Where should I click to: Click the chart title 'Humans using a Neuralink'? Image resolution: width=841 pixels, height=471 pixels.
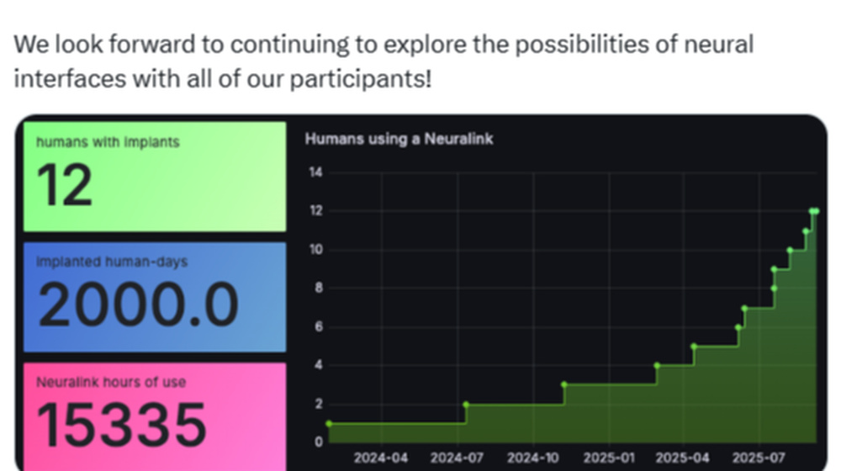399,139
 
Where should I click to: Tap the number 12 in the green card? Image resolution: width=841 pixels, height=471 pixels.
65,185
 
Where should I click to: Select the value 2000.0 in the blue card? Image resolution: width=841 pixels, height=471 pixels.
139,304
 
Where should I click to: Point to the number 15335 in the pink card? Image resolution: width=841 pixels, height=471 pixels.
122,425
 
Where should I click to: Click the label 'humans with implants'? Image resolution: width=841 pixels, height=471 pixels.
108,142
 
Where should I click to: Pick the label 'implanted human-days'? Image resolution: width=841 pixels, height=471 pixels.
112,262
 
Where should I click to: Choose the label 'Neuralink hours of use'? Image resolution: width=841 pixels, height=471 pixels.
111,382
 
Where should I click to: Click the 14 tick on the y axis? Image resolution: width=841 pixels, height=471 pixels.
316,172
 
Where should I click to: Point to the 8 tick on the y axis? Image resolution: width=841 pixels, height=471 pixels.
319,288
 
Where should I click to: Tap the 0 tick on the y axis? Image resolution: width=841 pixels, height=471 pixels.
319,442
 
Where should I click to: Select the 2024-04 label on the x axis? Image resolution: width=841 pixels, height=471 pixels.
381,458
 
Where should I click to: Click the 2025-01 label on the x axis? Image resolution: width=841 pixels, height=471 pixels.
609,458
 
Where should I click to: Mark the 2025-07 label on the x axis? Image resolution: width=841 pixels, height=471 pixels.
759,458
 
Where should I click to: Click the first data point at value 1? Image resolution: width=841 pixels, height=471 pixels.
329,424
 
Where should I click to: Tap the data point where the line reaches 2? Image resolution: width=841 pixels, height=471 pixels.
466,405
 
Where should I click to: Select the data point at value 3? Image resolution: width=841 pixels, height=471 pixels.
564,384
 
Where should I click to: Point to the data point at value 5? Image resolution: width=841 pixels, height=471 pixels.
694,347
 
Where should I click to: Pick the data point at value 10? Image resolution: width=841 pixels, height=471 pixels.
790,250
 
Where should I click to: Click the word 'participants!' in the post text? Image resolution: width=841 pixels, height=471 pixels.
361,79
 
